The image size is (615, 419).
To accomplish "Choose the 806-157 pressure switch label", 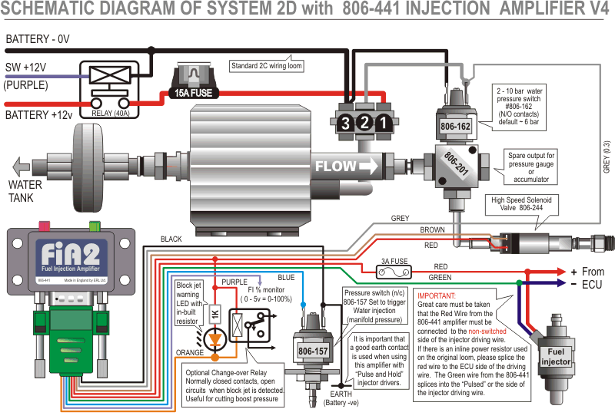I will [314, 350].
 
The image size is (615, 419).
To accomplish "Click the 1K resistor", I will [216, 315].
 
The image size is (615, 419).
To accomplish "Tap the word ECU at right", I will [592, 284].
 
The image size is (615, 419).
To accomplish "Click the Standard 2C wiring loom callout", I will [267, 66].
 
